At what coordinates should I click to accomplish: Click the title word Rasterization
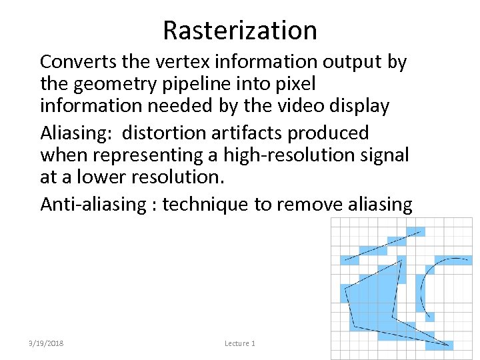click(x=240, y=30)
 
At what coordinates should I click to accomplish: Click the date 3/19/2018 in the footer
click(x=46, y=343)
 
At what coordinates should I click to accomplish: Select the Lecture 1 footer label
click(x=240, y=343)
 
